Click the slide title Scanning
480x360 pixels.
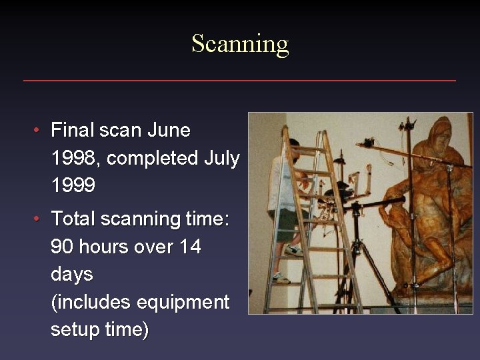[x=240, y=44]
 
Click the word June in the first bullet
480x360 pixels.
[x=169, y=130]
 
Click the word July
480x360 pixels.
[x=221, y=159]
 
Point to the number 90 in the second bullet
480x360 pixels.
[x=62, y=247]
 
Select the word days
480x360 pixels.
[x=72, y=275]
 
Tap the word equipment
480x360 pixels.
[x=183, y=303]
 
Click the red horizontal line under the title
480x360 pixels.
[x=240, y=81]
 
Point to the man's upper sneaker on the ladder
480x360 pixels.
[x=293, y=251]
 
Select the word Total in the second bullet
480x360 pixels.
[x=73, y=219]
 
